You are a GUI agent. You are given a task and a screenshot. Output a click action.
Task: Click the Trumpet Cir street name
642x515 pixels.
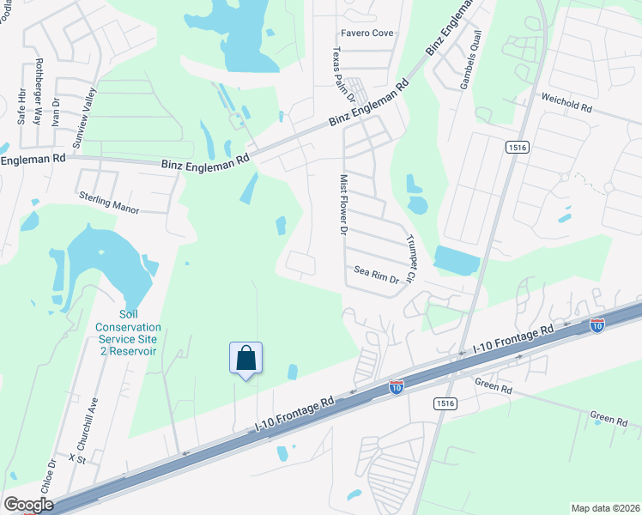click(x=409, y=260)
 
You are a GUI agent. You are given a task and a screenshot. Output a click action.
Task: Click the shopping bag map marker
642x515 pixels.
click(x=245, y=358)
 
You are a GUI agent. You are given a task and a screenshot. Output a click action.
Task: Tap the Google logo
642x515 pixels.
click(x=28, y=505)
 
